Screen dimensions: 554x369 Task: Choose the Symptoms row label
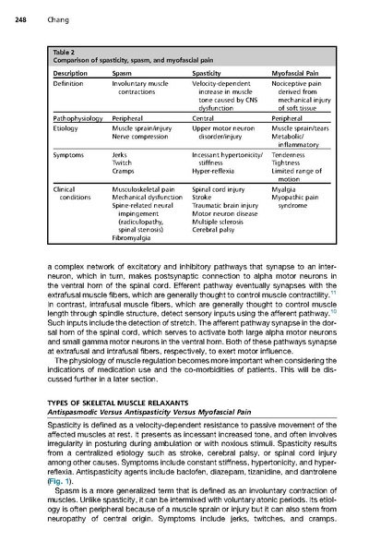[70, 155]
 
